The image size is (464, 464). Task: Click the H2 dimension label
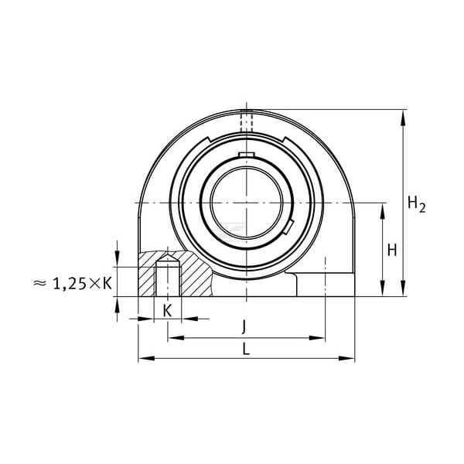click(416, 203)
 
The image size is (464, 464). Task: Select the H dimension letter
click(392, 251)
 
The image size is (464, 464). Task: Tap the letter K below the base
click(168, 311)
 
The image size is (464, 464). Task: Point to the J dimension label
click(244, 327)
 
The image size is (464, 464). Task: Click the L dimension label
click(246, 349)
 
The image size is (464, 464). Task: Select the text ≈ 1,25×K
click(73, 284)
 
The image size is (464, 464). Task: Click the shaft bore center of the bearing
click(247, 203)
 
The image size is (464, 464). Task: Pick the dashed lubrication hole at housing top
click(247, 121)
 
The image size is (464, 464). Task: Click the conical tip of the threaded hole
click(168, 258)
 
